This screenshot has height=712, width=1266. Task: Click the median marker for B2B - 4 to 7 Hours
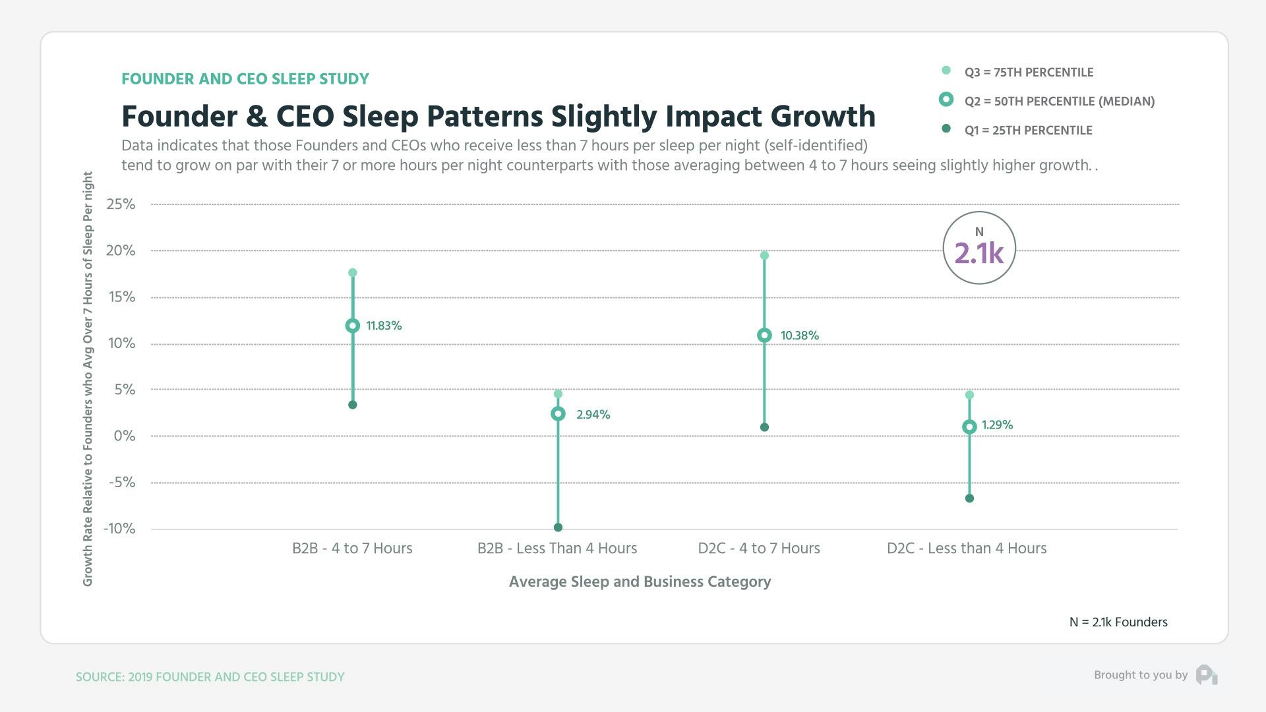tap(353, 326)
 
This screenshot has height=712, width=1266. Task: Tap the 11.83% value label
tap(384, 326)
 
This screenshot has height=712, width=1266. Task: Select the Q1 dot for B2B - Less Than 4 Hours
tap(558, 527)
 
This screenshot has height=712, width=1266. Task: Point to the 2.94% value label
tap(593, 415)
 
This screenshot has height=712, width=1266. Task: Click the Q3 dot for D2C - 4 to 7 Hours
tap(764, 256)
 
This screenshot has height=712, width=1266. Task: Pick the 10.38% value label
tap(799, 336)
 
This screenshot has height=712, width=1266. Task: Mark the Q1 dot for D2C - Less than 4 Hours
tap(969, 498)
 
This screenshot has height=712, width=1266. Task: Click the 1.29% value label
tap(997, 425)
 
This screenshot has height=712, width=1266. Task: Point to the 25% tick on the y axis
tap(121, 204)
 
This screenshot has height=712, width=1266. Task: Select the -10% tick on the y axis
tap(119, 529)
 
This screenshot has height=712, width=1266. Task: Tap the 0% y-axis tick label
tap(124, 436)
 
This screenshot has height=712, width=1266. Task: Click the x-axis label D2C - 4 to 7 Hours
tap(759, 549)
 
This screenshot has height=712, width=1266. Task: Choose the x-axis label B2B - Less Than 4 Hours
tap(557, 549)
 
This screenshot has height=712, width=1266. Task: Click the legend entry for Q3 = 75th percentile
tap(1028, 73)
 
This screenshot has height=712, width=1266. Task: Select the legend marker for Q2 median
tap(946, 100)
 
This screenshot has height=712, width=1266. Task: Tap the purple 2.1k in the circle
tap(979, 253)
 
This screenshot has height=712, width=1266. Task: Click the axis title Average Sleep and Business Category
tap(640, 582)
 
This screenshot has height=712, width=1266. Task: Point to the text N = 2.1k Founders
tap(1118, 622)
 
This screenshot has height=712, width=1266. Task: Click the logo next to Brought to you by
tap(1206, 675)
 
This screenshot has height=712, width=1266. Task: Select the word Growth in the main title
tap(823, 117)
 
